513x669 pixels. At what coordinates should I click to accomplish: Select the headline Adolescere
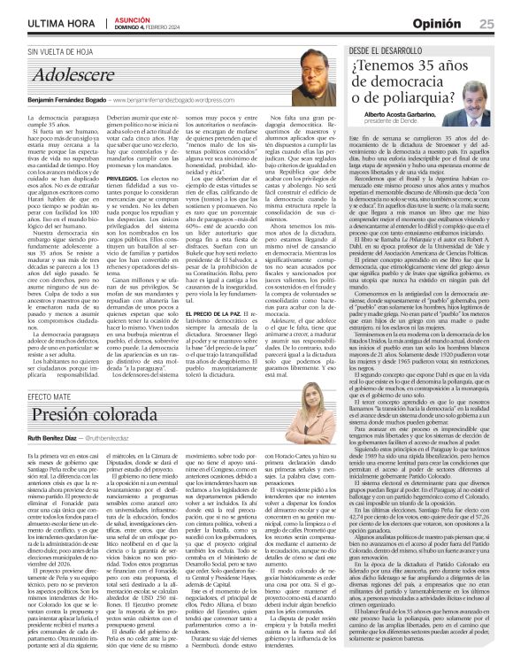pyautogui.click(x=66, y=79)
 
